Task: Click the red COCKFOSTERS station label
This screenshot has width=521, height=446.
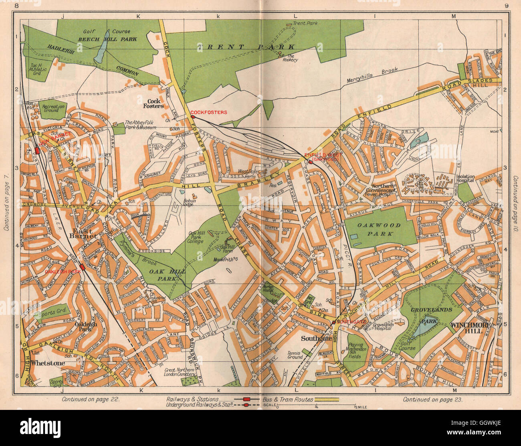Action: coord(208,112)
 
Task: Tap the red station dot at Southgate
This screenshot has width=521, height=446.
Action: coord(333,322)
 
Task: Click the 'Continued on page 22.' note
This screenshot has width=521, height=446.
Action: coord(91,399)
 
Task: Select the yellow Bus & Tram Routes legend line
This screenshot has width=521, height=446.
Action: coord(326,399)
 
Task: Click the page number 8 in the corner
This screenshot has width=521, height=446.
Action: coord(16,5)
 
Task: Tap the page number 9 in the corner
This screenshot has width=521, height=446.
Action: coord(506,5)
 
